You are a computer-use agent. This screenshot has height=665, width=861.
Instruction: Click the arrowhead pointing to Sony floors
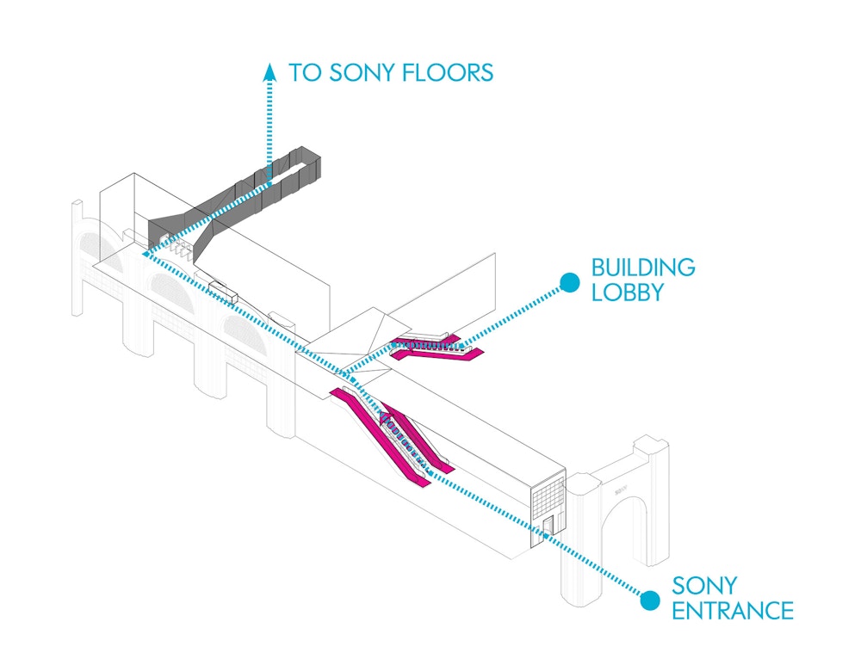click(270, 71)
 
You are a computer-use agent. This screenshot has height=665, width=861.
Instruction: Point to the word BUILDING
click(642, 267)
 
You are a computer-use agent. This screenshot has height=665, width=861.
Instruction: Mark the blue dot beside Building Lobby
click(568, 281)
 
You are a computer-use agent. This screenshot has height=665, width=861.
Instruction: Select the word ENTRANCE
click(732, 611)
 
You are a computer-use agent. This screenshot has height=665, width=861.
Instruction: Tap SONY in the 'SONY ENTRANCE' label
click(703, 586)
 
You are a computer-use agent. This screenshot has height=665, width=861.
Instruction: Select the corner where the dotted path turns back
click(143, 253)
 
